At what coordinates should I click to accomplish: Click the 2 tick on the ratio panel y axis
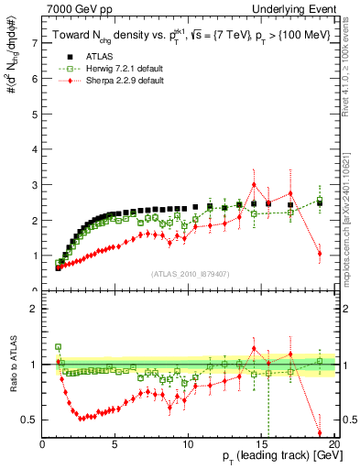tap(36, 309)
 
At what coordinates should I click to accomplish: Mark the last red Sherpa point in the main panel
tap(320, 254)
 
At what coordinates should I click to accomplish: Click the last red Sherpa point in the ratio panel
tap(320, 432)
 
